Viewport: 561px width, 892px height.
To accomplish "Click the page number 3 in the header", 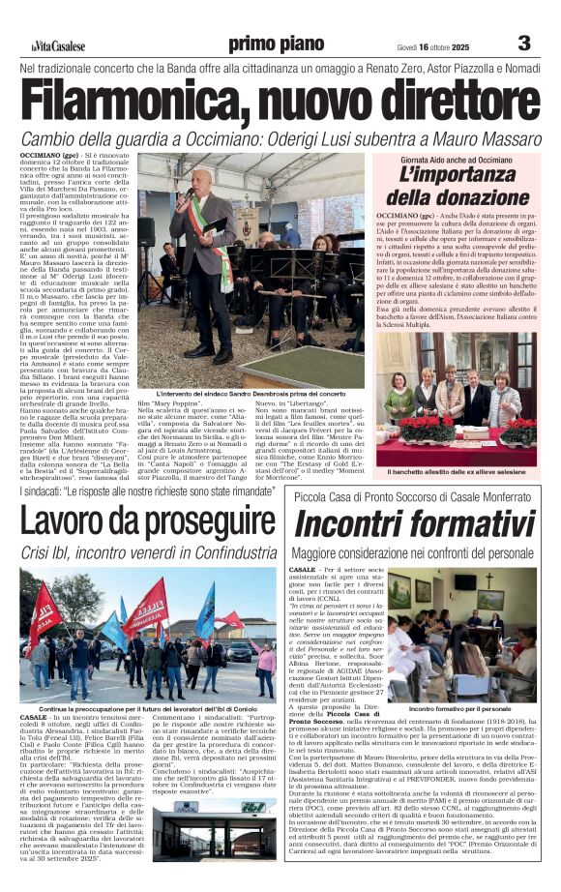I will coord(524,43).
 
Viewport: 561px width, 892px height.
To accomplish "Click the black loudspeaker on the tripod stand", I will coord(147,233).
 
